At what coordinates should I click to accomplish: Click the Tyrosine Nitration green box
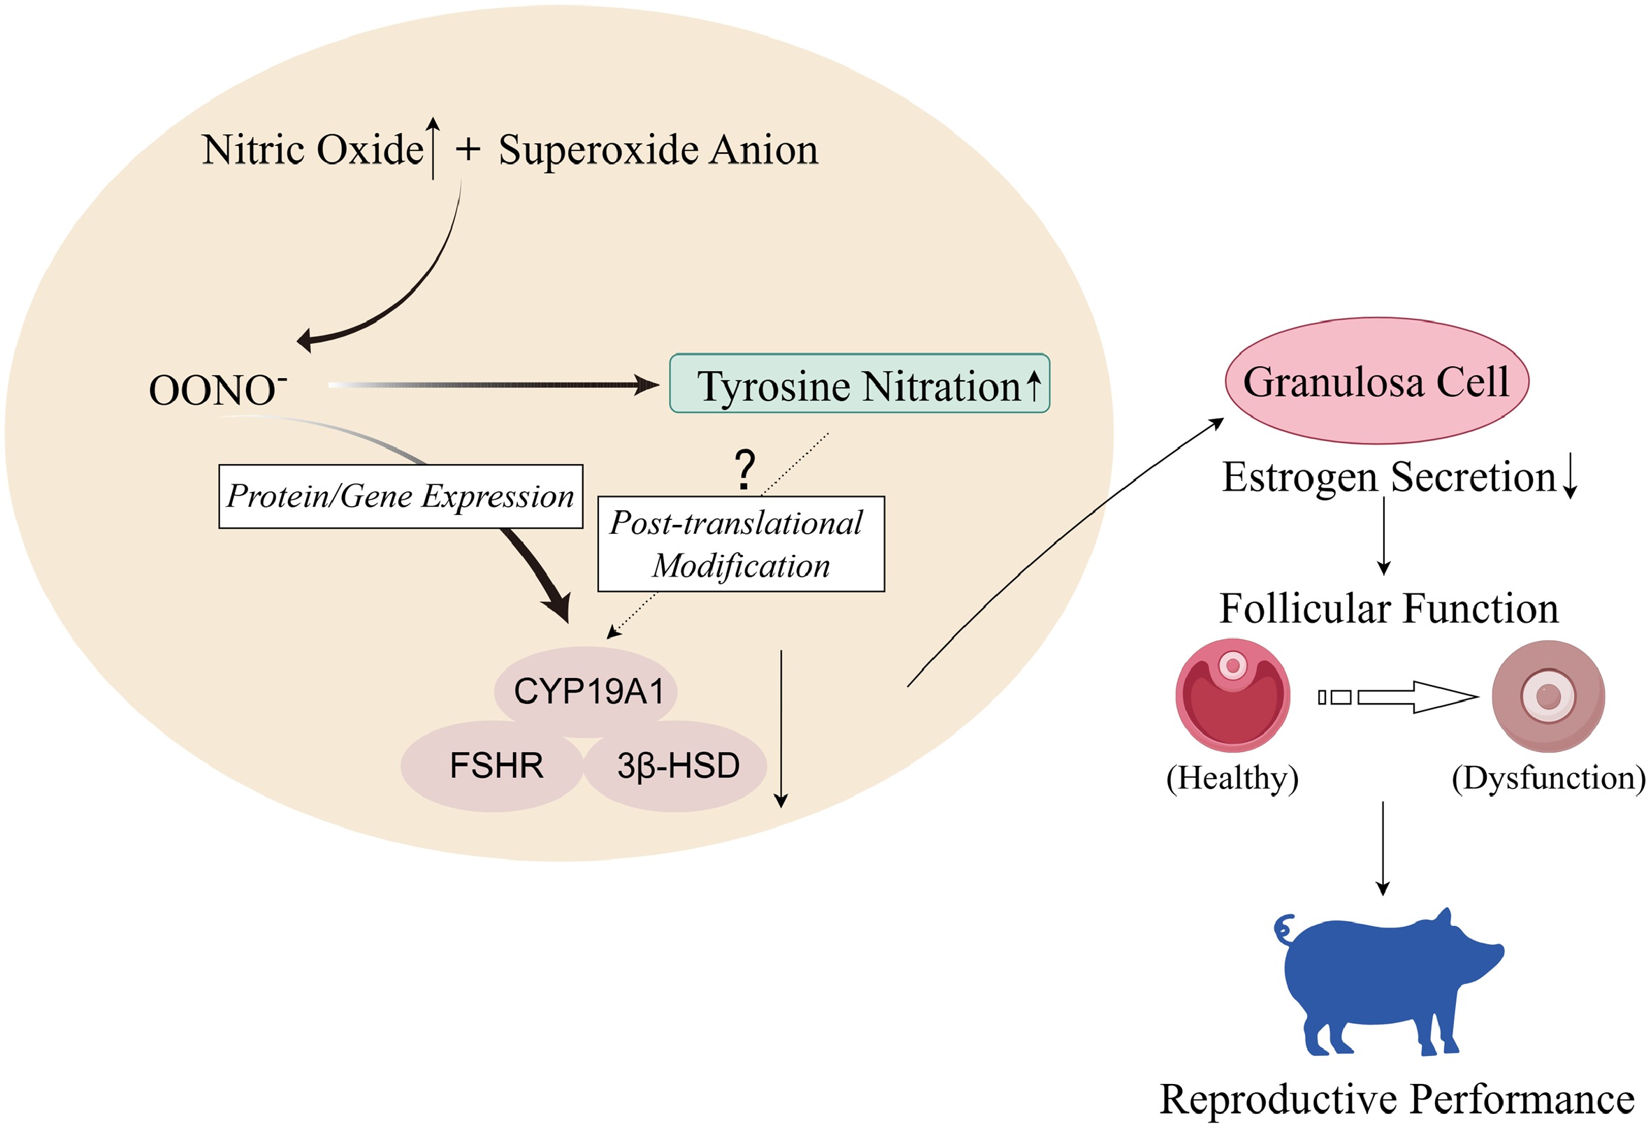click(x=859, y=384)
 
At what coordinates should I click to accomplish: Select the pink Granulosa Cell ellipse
click(x=1376, y=382)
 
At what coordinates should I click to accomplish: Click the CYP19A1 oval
click(x=588, y=691)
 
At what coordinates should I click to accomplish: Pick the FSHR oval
click(x=495, y=766)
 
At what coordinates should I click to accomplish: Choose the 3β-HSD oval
click(x=678, y=766)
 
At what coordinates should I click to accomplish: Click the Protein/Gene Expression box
click(x=400, y=496)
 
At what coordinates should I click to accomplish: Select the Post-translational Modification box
click(x=740, y=544)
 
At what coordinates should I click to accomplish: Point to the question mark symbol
click(x=744, y=470)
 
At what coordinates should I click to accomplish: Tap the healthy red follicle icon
click(x=1232, y=695)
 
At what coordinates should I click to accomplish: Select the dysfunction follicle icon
click(x=1548, y=696)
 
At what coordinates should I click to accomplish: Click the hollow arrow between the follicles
click(x=1398, y=697)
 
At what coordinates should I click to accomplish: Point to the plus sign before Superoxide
click(x=468, y=150)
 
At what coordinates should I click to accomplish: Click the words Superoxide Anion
click(x=658, y=150)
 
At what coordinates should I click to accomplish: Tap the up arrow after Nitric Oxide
click(x=433, y=147)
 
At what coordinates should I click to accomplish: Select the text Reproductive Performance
click(x=1396, y=1099)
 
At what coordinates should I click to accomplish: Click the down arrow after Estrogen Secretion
click(x=1570, y=477)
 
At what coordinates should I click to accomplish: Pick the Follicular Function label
click(x=1388, y=609)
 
